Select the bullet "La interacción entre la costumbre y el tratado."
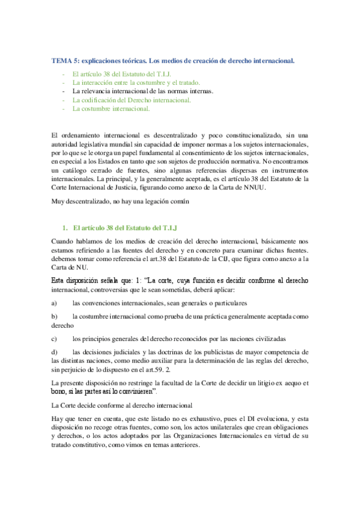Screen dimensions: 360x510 (x=136, y=82)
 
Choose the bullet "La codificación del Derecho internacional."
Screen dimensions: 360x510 (x=131, y=100)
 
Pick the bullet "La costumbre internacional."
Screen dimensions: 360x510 (x=111, y=109)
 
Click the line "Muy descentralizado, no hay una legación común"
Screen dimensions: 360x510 (x=121, y=202)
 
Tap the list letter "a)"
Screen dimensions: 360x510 (x=55, y=303)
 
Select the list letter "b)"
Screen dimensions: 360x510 (x=55, y=315)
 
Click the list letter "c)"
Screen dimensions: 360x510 (x=55, y=338)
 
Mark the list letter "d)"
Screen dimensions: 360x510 (x=55, y=351)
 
